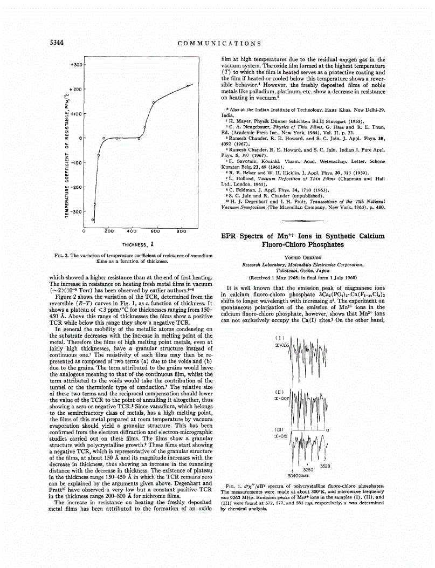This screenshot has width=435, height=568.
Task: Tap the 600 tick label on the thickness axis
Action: click(155, 231)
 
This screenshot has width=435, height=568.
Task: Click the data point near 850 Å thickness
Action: click(188, 86)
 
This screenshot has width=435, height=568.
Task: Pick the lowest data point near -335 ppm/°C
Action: click(93, 220)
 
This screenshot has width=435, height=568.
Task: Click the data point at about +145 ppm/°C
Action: click(154, 102)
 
